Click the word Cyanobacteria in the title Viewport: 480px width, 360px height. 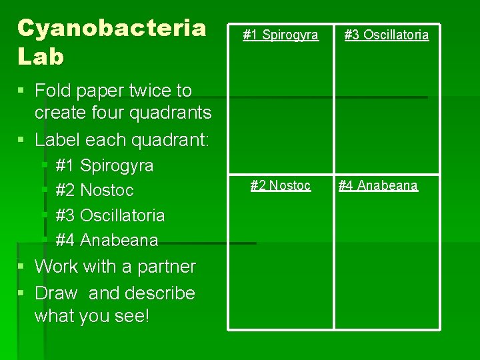[111, 28]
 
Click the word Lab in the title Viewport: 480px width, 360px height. [41, 57]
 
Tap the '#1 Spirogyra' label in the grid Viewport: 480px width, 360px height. [280, 35]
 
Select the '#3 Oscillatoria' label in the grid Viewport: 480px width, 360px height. [387, 35]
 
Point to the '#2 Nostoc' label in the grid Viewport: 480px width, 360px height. [280, 185]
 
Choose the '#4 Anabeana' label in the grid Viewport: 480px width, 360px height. [378, 185]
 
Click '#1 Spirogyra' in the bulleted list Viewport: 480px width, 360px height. [105, 165]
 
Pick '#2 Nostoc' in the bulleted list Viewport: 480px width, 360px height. [95, 191]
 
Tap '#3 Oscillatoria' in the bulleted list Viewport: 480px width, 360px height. [110, 215]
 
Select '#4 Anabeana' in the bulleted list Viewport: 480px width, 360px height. [107, 240]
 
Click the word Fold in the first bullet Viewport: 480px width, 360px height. [54, 91]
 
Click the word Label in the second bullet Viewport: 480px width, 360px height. [58, 140]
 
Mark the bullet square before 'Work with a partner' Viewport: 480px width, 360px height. [21, 267]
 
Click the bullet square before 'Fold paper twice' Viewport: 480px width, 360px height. [21, 91]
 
